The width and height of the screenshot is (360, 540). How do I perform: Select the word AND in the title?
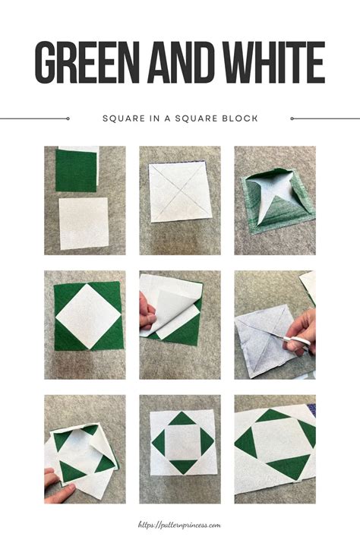[177, 64]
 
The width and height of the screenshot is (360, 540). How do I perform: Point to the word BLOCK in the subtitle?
[241, 118]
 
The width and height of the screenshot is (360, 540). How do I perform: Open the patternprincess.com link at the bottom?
[179, 524]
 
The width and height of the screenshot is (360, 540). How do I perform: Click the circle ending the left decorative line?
[68, 118]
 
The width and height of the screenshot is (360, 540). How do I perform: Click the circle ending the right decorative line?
[292, 118]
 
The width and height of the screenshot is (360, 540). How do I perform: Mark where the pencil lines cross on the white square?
[180, 193]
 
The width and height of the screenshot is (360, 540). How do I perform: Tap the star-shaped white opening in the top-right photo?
[274, 198]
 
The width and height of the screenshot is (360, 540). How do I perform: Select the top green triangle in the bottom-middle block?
[180, 418]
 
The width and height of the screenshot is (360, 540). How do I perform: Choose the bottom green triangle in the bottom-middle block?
[180, 466]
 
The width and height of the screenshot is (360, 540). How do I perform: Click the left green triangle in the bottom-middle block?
[157, 442]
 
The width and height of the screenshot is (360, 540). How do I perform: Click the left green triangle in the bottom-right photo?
[245, 442]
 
